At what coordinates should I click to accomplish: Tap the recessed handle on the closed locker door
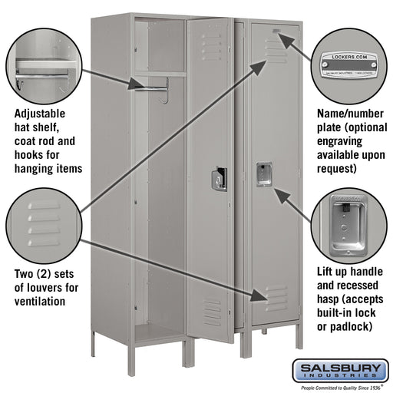tap(264, 174)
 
